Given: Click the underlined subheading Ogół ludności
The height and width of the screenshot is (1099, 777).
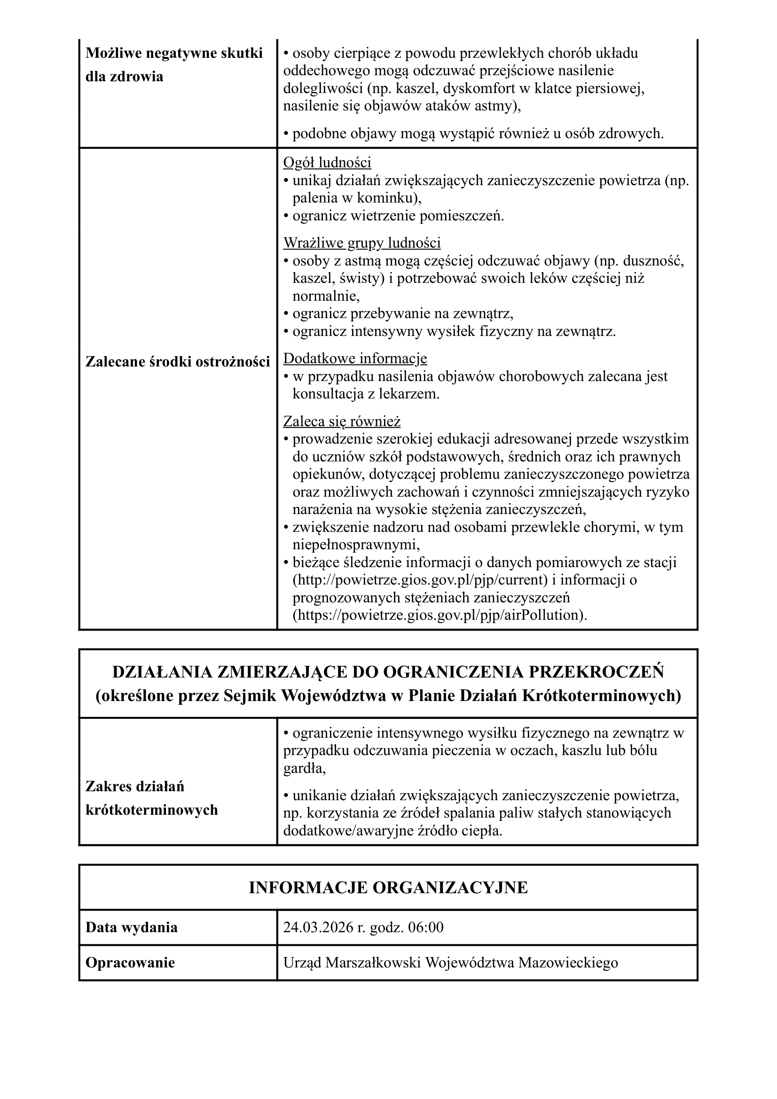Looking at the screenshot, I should tap(327, 163).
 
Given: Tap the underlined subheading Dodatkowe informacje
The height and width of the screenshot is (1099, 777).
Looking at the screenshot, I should tap(355, 359).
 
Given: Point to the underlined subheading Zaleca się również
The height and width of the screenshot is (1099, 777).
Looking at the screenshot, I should tap(342, 421).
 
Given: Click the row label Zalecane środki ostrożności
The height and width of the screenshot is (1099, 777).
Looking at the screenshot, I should tap(178, 362).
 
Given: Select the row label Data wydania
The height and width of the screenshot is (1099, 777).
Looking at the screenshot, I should tap(131, 927).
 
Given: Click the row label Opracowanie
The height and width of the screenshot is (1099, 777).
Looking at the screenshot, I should tap(130, 963).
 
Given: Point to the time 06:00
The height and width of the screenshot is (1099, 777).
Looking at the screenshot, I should tap(425, 927).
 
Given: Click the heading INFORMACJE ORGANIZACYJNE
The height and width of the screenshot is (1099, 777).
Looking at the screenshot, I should tap(388, 888).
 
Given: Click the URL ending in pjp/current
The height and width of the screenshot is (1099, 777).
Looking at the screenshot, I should tap(420, 580).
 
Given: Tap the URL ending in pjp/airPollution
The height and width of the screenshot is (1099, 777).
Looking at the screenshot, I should tap(440, 615).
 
